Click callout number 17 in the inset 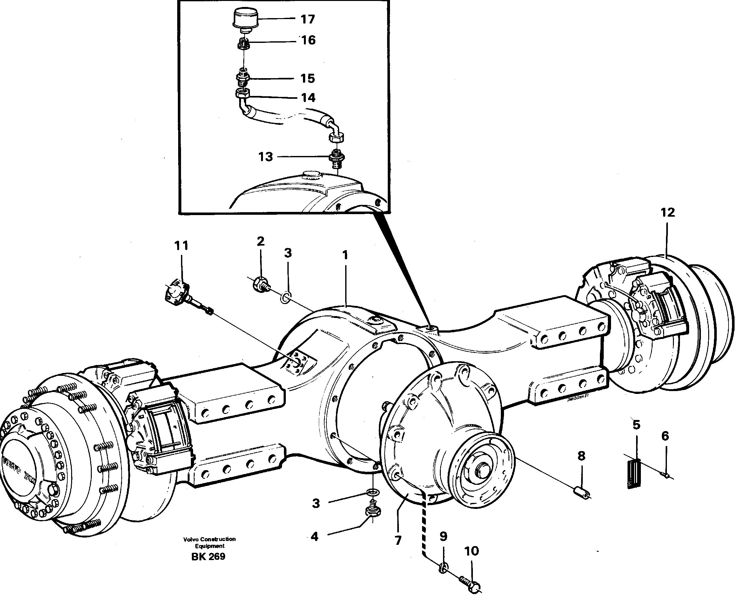coord(307,19)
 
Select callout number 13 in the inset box coord(265,157)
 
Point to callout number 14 coord(308,98)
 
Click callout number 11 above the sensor coord(181,246)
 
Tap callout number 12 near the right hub coord(668,212)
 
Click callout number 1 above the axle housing coord(345,256)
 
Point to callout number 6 coord(664,436)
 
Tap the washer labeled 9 coord(443,568)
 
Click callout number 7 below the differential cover coord(398,540)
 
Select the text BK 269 coord(208,557)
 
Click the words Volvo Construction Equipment coord(209,542)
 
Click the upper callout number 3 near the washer coord(288,253)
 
